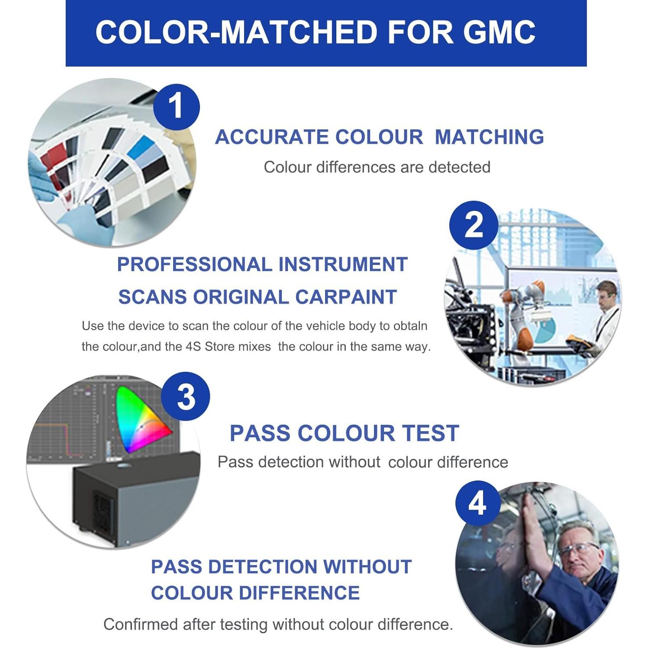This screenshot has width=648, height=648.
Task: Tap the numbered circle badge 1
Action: click(x=176, y=106)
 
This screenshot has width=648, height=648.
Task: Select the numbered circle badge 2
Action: click(x=474, y=225)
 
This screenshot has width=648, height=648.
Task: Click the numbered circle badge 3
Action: click(x=186, y=397)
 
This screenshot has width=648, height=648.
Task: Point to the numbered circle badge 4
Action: click(x=477, y=503)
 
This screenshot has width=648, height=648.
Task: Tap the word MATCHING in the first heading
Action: click(x=489, y=137)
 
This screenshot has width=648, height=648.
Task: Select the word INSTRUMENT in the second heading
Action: click(x=343, y=264)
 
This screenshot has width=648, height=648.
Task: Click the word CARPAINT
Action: click(x=346, y=297)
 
